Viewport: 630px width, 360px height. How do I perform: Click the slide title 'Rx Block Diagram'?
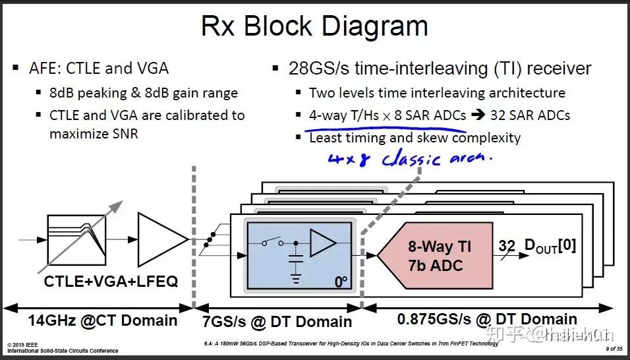(314, 26)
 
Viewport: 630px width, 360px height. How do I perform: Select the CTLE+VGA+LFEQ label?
(110, 282)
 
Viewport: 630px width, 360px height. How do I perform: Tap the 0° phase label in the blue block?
(340, 282)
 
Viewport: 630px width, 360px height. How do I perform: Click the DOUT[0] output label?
(550, 247)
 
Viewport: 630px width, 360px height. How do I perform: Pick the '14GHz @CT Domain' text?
(102, 320)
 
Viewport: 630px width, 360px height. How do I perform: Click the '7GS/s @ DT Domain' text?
(276, 321)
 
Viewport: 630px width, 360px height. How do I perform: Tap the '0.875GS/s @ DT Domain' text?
(487, 319)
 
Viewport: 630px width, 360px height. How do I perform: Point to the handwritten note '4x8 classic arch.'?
(409, 158)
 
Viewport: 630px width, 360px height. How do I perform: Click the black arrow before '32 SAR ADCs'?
(478, 115)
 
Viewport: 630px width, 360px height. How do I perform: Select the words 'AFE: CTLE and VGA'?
(99, 68)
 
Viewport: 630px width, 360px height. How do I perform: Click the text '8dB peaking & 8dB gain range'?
(143, 93)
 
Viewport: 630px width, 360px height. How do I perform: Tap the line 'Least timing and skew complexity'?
(415, 138)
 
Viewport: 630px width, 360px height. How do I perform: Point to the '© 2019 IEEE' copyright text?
(24, 345)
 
